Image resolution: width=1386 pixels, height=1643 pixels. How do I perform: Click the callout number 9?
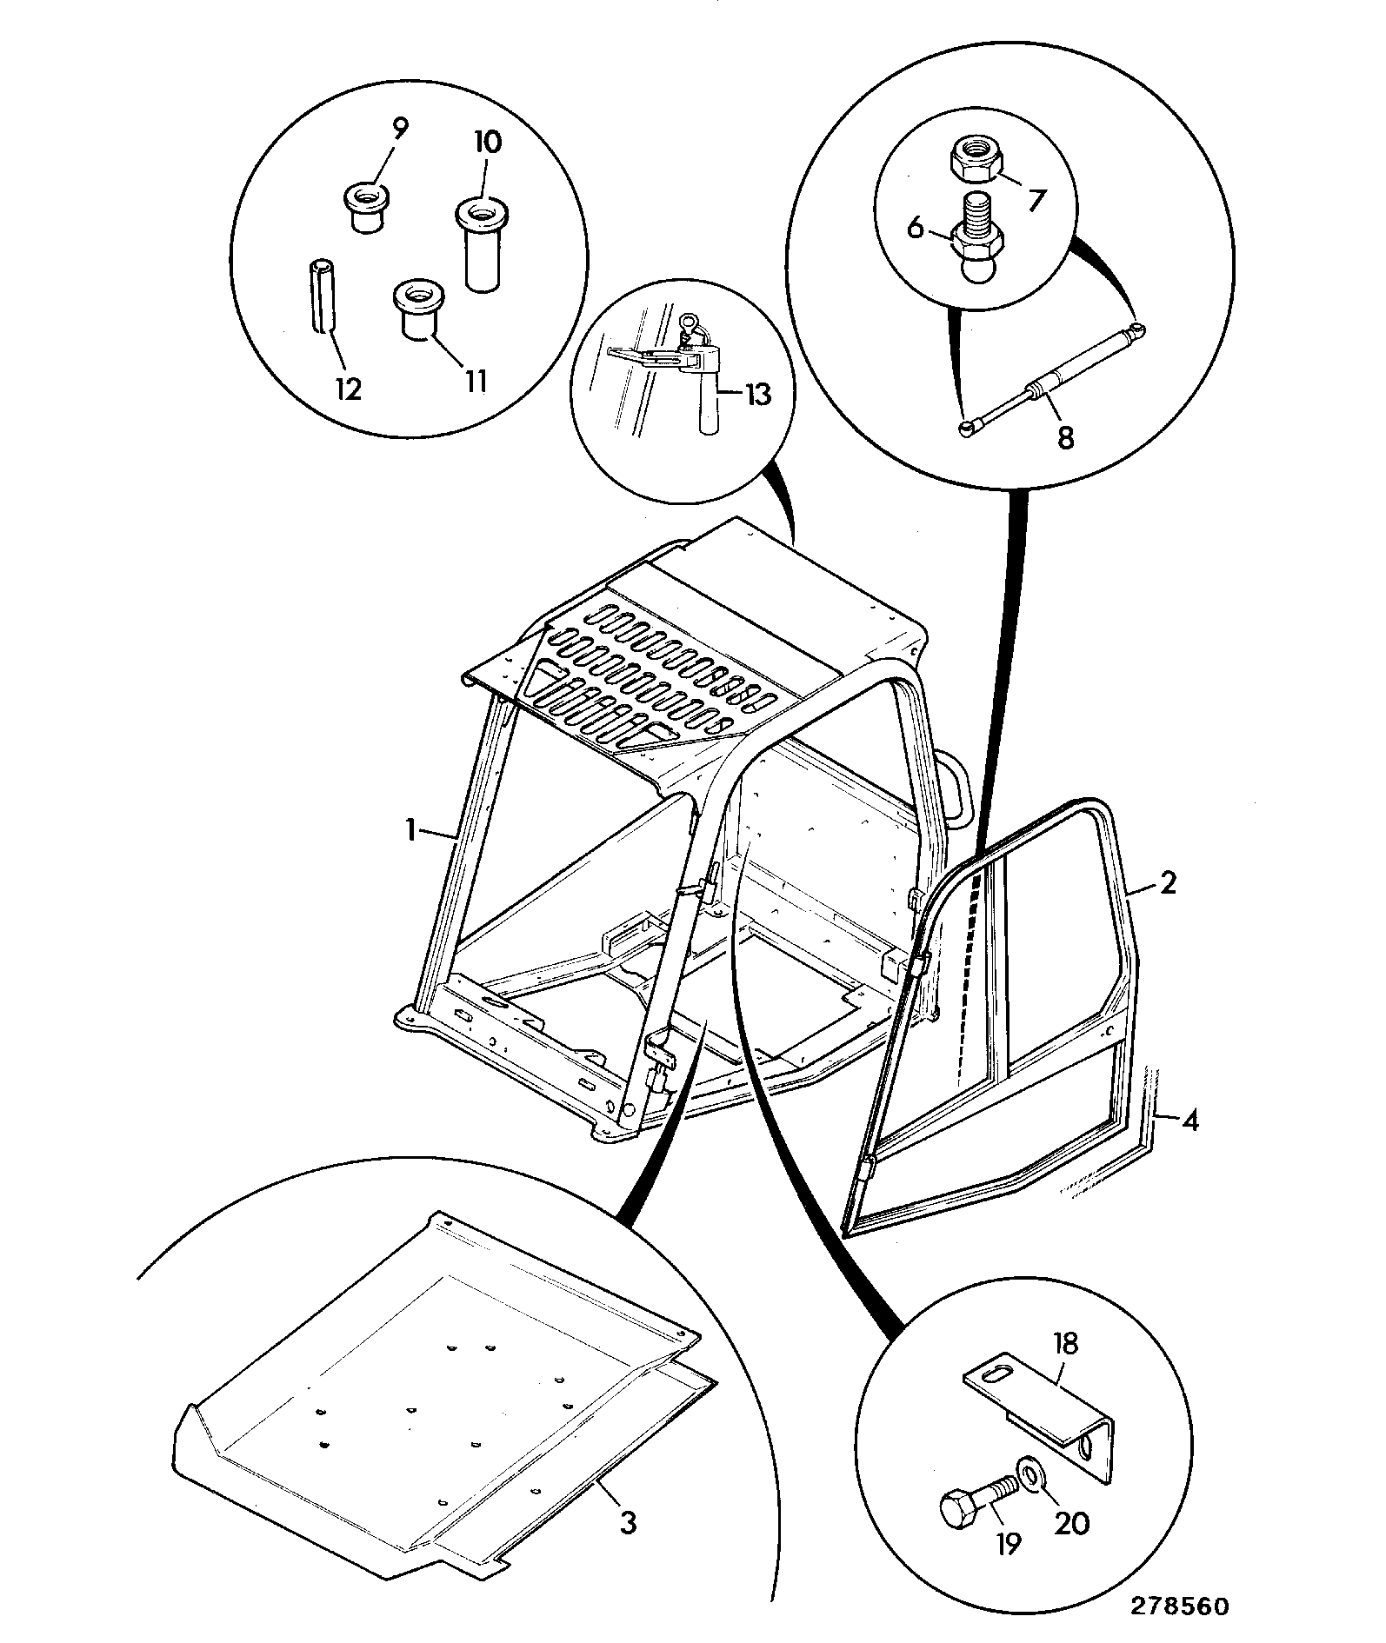click(x=399, y=130)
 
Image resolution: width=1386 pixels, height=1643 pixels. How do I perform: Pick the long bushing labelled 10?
click(x=481, y=244)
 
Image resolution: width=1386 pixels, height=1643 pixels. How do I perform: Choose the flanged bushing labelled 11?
click(x=416, y=310)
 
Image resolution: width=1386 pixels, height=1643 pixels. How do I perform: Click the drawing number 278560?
click(x=1181, y=1606)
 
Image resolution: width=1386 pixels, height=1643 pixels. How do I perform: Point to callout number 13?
click(x=756, y=394)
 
